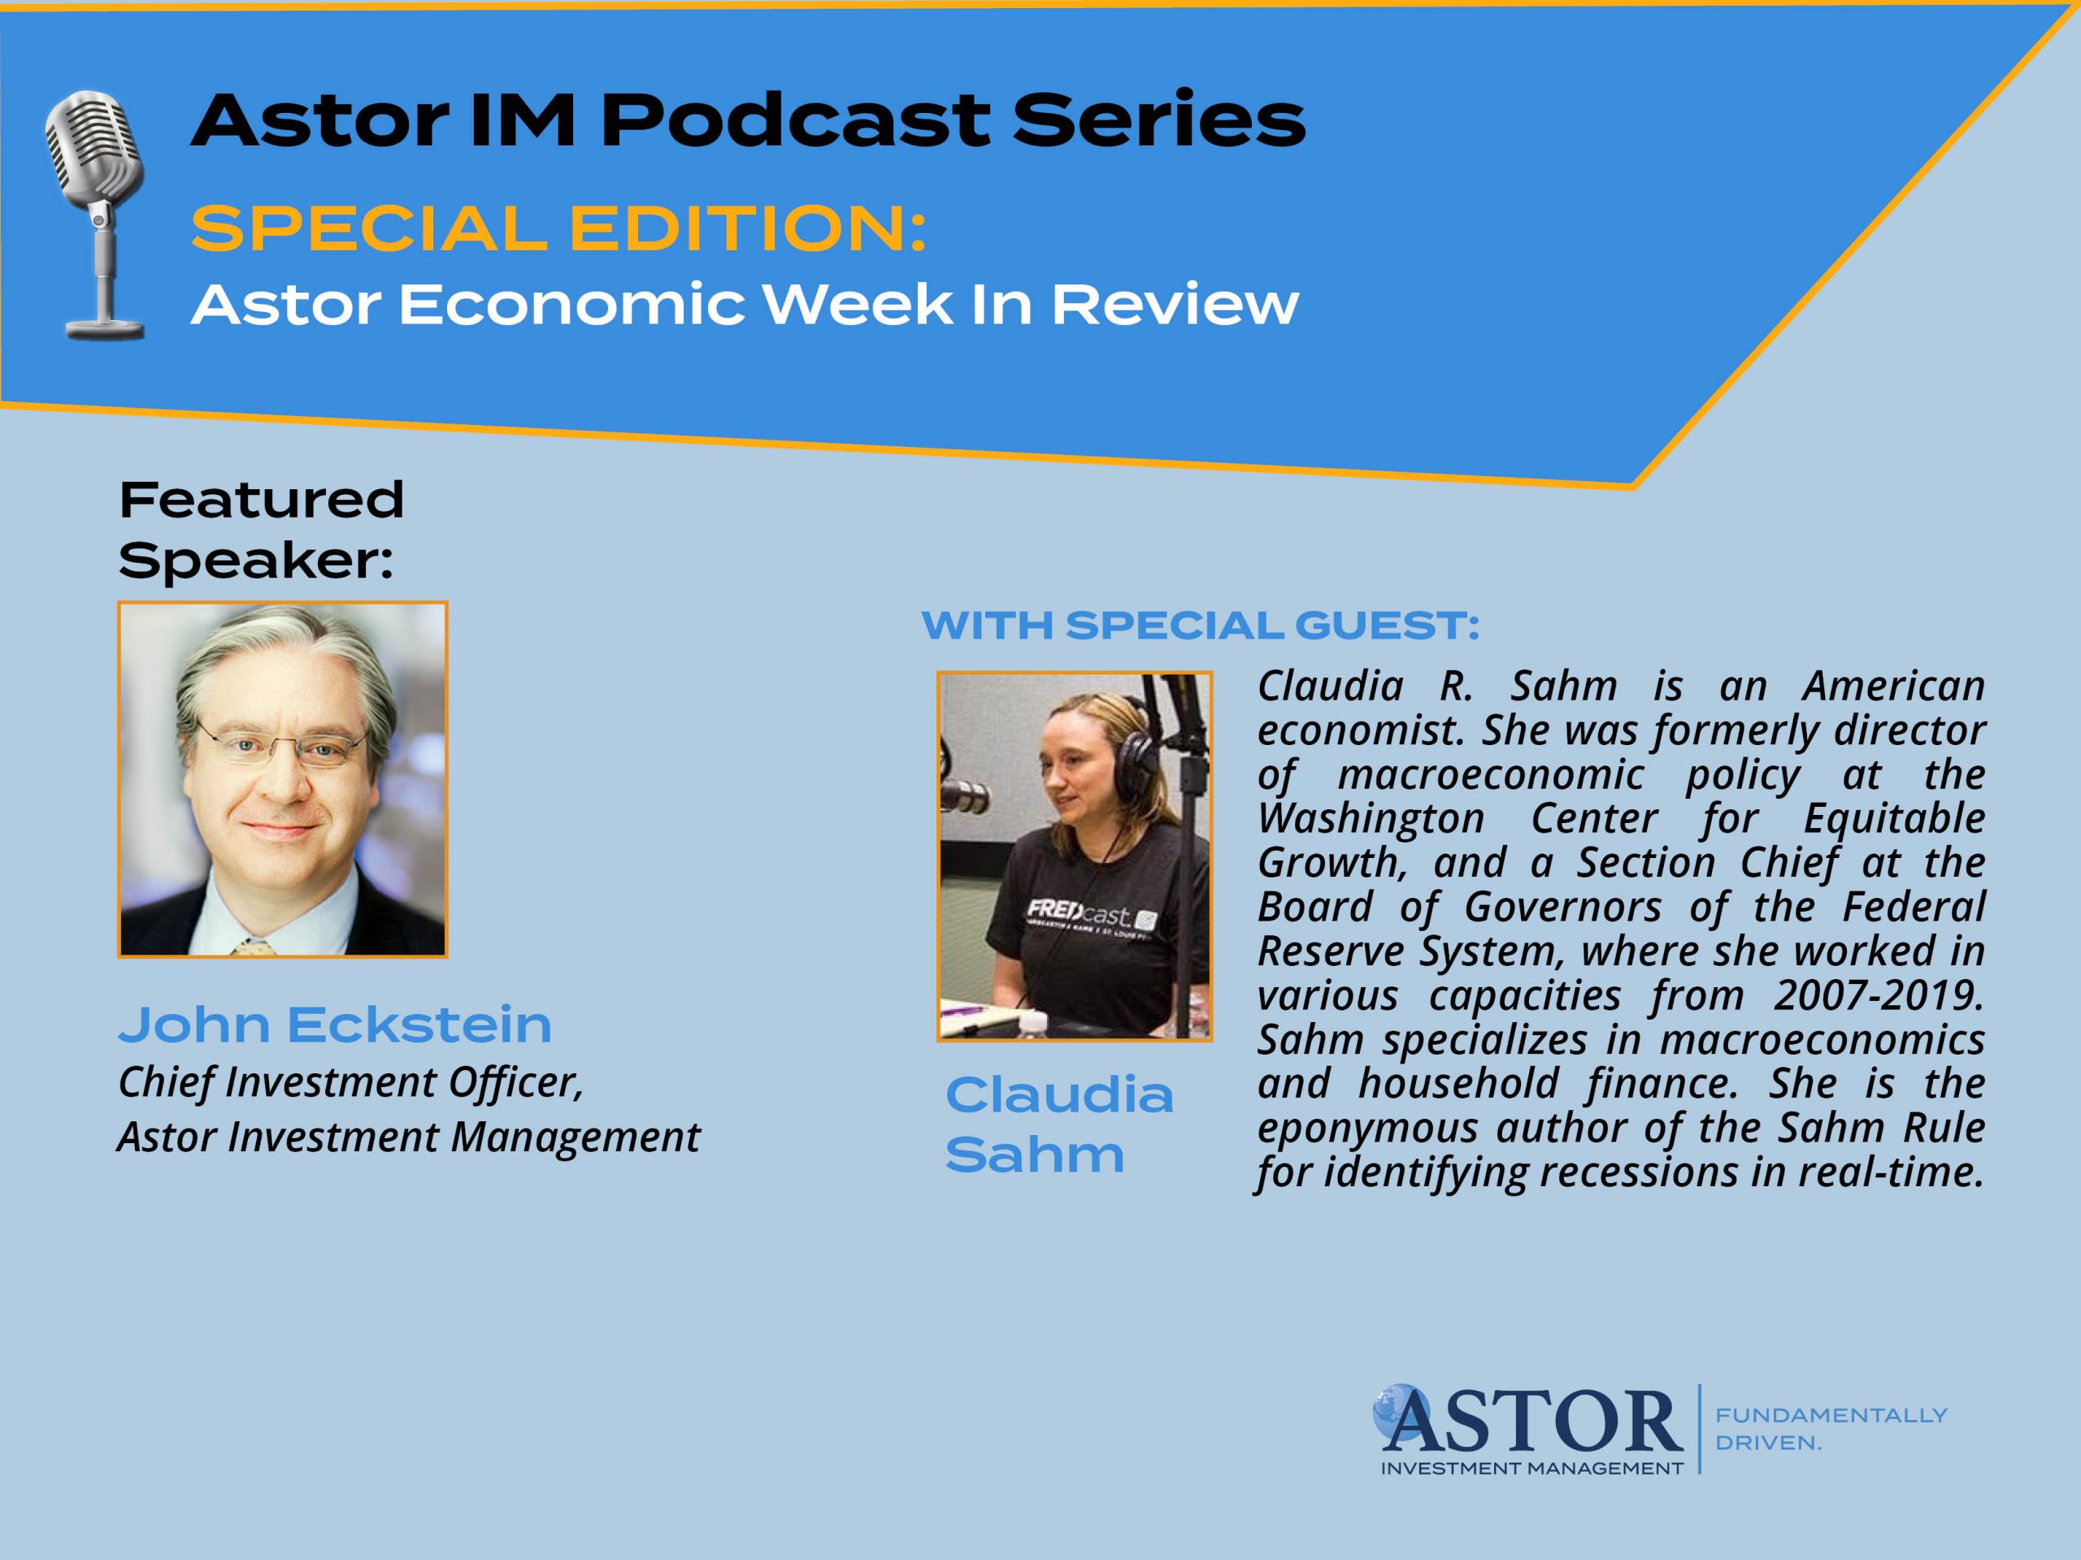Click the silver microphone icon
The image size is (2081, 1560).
[96, 214]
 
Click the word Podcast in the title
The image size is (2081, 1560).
[794, 120]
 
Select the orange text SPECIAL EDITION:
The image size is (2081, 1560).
[558, 228]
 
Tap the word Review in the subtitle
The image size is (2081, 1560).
[1174, 305]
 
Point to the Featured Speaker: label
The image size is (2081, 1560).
[262, 530]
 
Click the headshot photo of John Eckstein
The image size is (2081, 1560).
[282, 779]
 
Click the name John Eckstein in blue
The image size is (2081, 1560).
[335, 1024]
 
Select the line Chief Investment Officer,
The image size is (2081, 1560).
[351, 1082]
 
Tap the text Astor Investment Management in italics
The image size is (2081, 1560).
[409, 1137]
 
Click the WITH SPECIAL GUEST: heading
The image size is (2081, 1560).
[1201, 626]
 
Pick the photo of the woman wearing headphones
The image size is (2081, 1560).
[1075, 856]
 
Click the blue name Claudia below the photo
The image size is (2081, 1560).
[1059, 1094]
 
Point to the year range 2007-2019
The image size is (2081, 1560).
[1879, 994]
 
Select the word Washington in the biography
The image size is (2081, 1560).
[1371, 818]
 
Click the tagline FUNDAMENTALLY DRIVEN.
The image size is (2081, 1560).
[1831, 1428]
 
